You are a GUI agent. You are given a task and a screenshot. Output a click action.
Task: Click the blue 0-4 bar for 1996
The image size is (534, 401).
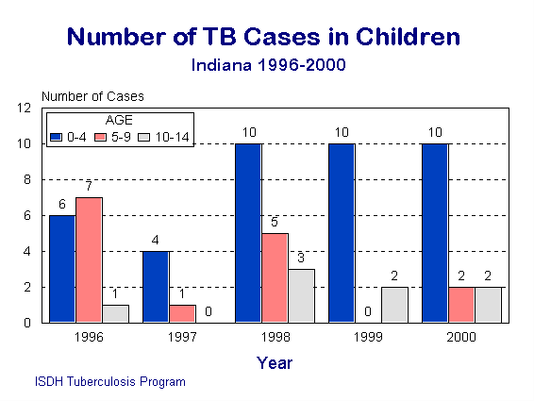tap(61, 269)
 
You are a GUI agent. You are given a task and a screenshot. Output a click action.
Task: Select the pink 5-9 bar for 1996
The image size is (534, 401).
tap(89, 259)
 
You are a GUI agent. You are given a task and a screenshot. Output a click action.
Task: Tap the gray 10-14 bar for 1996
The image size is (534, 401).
tap(116, 313)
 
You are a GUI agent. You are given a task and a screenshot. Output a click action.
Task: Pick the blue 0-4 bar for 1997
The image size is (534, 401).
tap(155, 287)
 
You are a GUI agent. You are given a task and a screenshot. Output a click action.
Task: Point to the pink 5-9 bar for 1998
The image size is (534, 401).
tap(275, 277)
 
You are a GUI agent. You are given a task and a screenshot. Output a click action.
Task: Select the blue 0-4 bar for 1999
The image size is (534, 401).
tap(342, 233)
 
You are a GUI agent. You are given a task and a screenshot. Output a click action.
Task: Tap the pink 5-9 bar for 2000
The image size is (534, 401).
tap(462, 305)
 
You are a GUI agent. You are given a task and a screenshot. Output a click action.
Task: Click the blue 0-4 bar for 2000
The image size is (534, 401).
tap(435, 233)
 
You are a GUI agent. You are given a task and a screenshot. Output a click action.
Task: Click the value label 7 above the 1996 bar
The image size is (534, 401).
tap(88, 187)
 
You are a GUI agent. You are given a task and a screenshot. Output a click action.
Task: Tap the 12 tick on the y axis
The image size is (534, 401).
tap(26, 108)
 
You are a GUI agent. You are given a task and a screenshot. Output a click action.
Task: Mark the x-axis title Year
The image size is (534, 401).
tap(275, 362)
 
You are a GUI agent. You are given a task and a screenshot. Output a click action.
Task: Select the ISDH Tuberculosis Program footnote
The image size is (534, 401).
tap(108, 382)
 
